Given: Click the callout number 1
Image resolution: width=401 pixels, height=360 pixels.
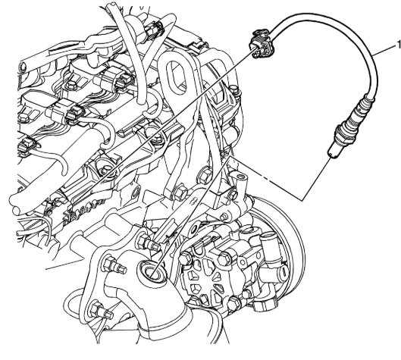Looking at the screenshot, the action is [x=399, y=45].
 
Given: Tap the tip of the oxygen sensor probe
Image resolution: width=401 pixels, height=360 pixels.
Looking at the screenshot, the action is [x=332, y=155].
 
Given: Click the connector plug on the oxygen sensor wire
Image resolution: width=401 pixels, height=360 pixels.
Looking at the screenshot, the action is [x=261, y=44].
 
